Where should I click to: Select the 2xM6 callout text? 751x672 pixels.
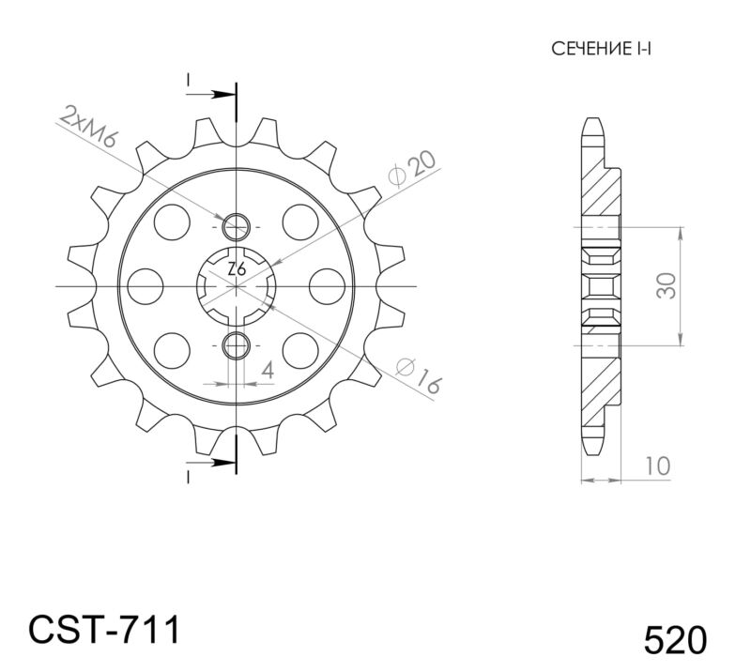point(86,127)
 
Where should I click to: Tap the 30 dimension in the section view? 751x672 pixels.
point(666,284)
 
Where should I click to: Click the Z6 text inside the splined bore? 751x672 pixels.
point(237,270)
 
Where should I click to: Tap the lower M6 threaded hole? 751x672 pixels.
point(237,344)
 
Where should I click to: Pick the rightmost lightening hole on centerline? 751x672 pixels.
point(327,284)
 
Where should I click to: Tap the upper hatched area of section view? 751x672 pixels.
point(601,193)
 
